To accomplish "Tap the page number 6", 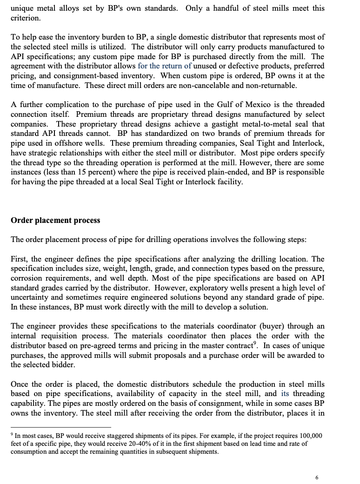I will click(x=317, y=477).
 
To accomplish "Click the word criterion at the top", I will click(x=25, y=18).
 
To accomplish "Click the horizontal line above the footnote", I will click(x=60, y=427).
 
